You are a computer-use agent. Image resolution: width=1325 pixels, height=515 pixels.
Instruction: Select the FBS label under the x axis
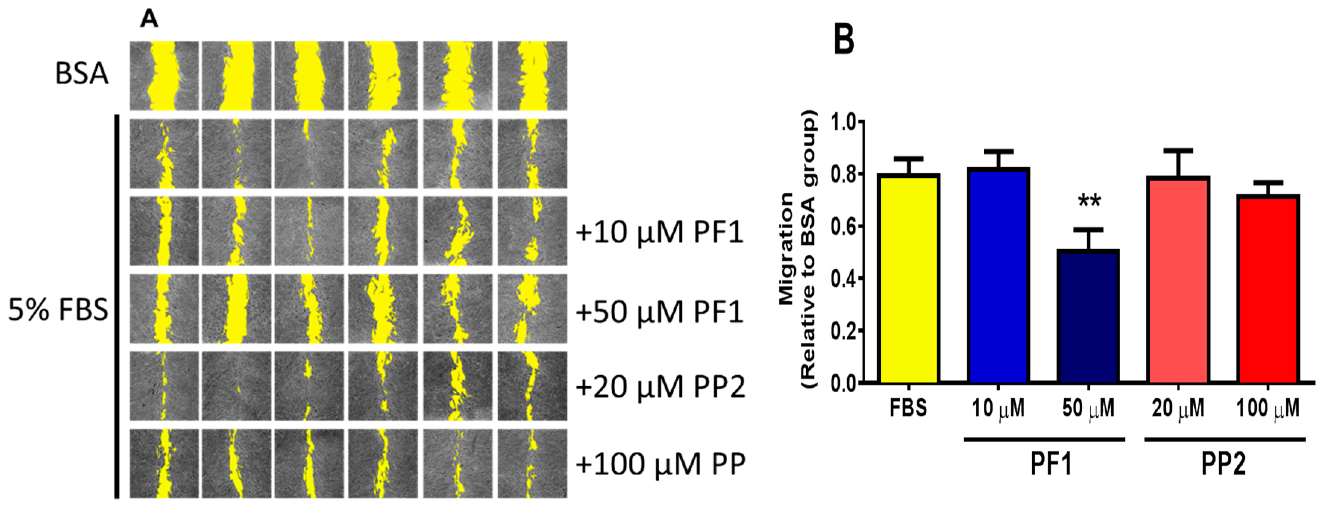pyautogui.click(x=908, y=408)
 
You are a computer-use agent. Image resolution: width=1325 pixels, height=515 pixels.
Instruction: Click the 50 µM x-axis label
pyautogui.click(x=1088, y=408)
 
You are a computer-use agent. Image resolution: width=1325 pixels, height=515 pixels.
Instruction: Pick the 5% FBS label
pyautogui.click(x=58, y=310)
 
